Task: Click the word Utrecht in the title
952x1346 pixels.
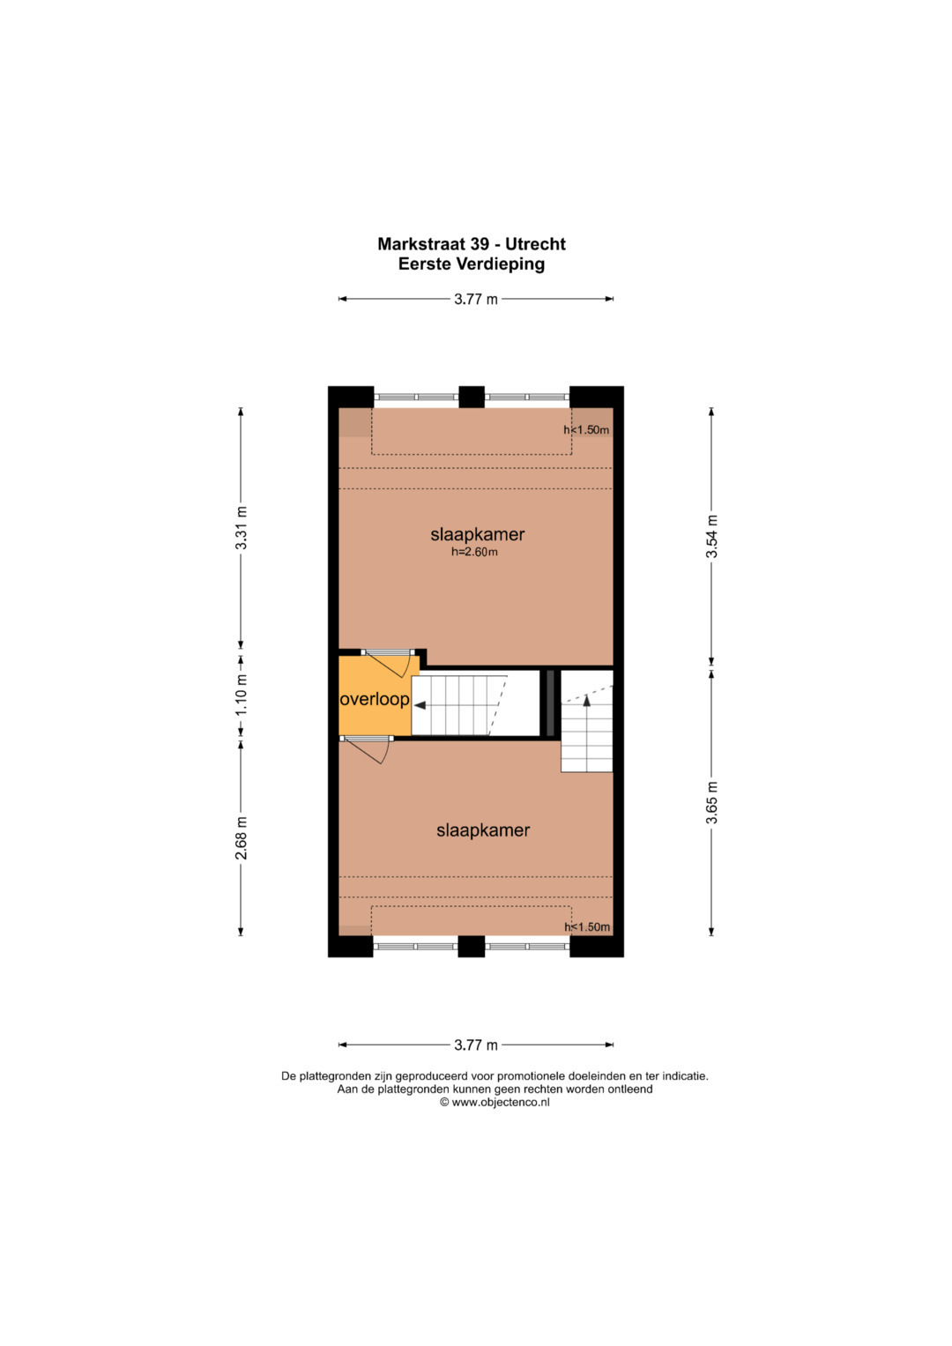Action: [535, 244]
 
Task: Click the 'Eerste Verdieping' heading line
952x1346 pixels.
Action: [472, 264]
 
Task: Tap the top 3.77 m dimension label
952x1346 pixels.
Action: [476, 299]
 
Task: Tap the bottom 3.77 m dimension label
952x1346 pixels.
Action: [476, 1045]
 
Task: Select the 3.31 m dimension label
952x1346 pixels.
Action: [241, 528]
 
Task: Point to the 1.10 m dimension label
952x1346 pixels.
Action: [241, 695]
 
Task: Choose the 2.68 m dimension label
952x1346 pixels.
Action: [241, 837]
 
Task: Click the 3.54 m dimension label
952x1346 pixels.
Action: [711, 537]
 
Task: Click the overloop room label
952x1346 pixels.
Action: [375, 699]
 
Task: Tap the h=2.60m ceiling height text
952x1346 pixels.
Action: [475, 552]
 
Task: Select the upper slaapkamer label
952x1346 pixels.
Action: [478, 534]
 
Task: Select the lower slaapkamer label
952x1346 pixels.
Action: [483, 830]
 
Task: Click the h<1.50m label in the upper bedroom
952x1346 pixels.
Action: [586, 430]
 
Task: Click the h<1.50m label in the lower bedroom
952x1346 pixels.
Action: [587, 927]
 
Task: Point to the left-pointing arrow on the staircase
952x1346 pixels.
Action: [420, 705]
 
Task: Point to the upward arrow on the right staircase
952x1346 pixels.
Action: [586, 699]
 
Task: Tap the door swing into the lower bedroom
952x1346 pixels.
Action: [368, 751]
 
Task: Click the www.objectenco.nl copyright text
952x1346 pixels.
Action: [495, 1103]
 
